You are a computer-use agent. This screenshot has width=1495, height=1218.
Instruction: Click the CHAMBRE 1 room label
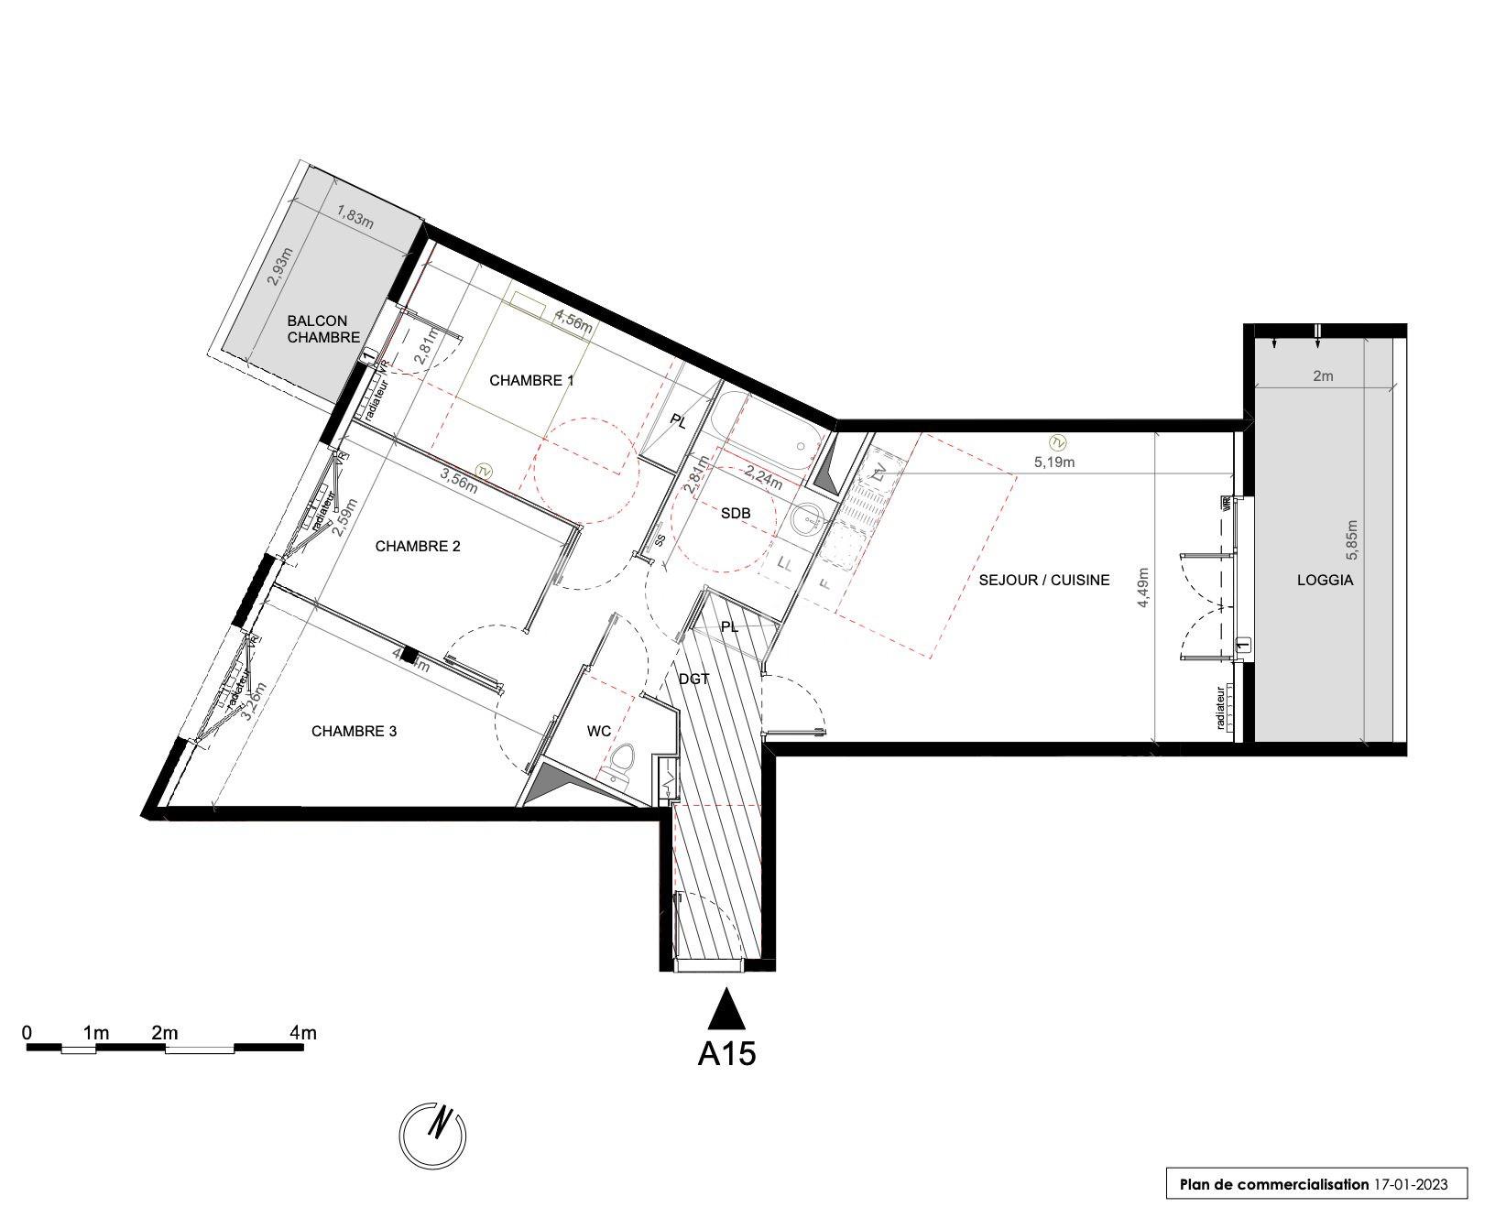point(531,380)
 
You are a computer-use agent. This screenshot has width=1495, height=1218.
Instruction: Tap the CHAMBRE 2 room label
point(418,547)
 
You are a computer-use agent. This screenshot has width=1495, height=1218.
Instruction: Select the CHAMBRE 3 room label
point(354,732)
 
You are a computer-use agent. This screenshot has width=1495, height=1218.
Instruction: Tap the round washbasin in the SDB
point(807,520)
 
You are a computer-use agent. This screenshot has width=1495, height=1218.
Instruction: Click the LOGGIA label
point(1325,580)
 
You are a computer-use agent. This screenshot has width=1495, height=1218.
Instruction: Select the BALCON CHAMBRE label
point(317,329)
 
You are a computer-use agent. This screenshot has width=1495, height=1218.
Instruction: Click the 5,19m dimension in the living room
point(1054,462)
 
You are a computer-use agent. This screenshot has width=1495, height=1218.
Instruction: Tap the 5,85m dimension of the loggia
point(1352,540)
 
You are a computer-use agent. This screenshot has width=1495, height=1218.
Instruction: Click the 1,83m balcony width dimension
point(355,217)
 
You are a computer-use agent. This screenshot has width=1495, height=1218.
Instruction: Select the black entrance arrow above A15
point(726,1009)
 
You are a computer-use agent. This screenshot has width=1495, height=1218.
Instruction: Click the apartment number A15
point(726,1054)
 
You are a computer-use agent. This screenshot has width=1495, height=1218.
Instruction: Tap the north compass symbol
point(433,1136)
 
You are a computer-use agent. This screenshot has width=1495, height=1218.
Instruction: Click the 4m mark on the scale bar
point(302,1033)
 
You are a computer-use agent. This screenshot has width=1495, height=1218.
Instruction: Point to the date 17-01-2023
point(1410,1184)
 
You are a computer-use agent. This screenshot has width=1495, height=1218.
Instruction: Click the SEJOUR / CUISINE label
point(1043,580)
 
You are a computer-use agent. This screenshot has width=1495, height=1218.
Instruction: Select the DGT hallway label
point(694,679)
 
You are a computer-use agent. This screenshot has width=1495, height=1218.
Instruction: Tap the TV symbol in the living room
point(1056,443)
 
